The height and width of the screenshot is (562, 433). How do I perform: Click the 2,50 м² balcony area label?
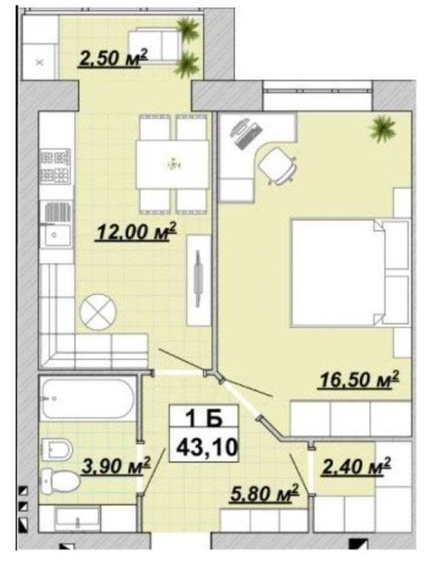(x=113, y=58)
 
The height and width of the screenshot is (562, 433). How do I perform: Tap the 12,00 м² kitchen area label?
(x=136, y=232)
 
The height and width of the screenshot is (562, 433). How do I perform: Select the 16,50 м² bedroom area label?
(x=359, y=379)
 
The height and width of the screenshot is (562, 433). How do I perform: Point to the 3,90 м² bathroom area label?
(x=116, y=466)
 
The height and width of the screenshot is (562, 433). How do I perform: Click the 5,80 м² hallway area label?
(x=265, y=493)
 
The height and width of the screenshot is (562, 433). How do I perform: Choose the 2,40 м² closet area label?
(x=357, y=466)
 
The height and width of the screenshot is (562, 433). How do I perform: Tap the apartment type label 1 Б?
(x=204, y=418)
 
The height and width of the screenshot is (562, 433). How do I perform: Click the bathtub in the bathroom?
(x=88, y=398)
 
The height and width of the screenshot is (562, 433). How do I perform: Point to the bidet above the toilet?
(x=57, y=449)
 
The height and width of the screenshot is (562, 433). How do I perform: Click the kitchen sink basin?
(x=55, y=235)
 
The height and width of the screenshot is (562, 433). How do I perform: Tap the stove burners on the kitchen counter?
(x=55, y=167)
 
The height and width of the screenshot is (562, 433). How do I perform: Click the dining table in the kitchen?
(x=172, y=164)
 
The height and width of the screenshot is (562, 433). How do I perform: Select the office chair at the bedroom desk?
(x=278, y=166)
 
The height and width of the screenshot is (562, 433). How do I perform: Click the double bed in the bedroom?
(x=350, y=273)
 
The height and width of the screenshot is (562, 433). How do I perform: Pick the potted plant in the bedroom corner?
(x=383, y=129)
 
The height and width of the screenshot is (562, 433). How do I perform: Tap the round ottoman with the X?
(x=98, y=311)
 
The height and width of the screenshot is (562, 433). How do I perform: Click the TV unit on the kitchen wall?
(x=198, y=281)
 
